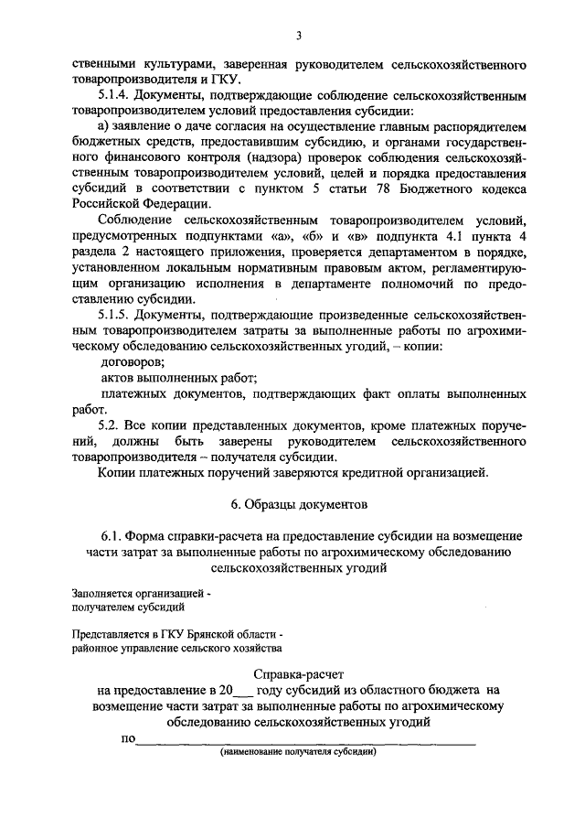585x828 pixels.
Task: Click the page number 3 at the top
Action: [x=298, y=37]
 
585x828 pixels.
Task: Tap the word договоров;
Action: [x=127, y=363]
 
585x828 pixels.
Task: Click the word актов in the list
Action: [x=119, y=379]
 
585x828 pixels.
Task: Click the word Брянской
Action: [x=211, y=635]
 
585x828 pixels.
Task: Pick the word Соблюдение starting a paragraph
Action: [x=137, y=220]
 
